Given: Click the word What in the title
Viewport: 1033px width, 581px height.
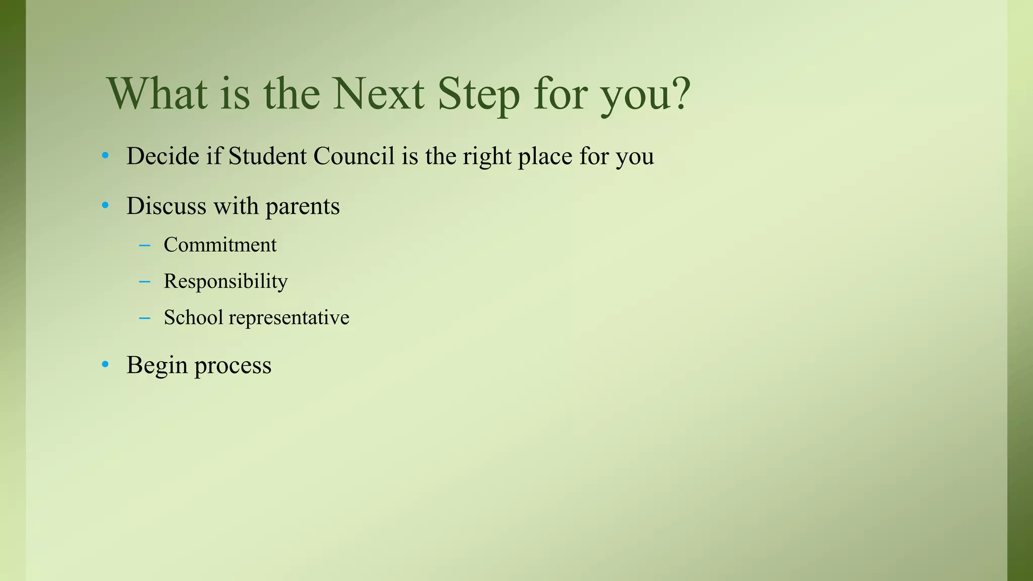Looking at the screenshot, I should point(157,94).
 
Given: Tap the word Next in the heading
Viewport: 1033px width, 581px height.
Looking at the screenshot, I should point(378,94).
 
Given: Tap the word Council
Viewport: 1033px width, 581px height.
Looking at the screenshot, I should point(354,156).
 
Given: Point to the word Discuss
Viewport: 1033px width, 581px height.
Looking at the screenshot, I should point(166,206).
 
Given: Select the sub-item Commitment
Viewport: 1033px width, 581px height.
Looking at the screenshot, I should point(220,245).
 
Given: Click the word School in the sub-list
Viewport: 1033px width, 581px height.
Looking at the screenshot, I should point(193,318).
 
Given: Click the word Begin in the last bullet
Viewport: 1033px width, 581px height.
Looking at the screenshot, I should point(157,366).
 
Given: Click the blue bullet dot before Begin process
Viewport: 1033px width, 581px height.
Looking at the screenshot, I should point(105,364).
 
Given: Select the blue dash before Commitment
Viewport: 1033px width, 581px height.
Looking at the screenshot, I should point(144,246).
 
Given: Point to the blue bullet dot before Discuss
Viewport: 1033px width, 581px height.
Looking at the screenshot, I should point(105,205).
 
